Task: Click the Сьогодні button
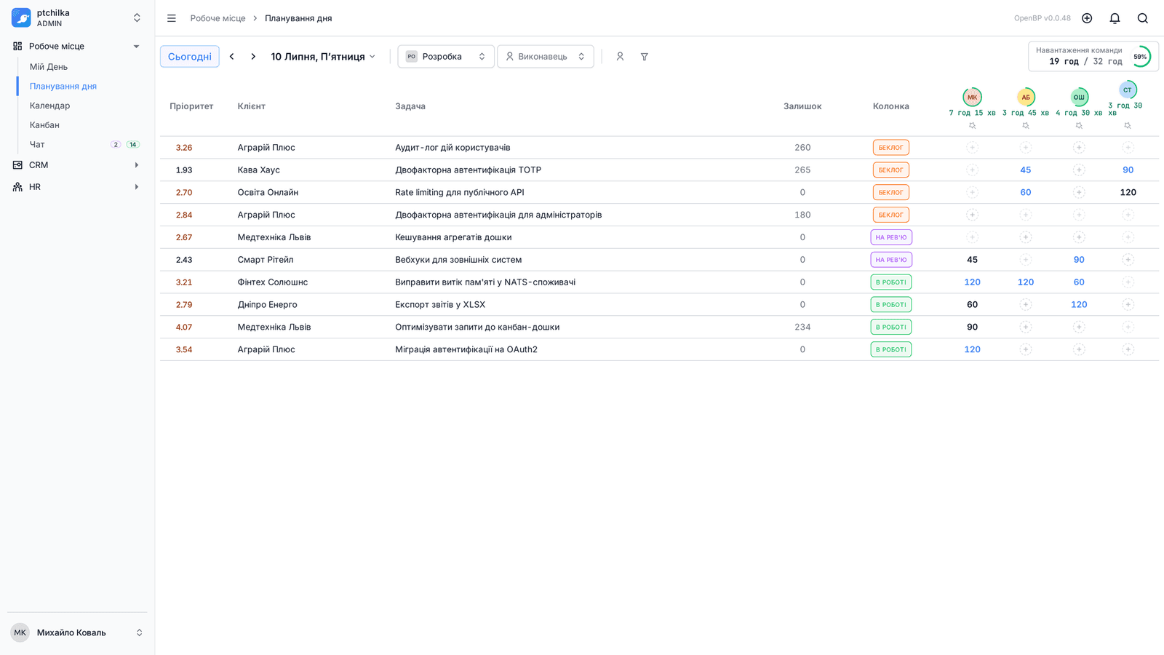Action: coord(189,57)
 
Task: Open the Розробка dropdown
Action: coord(445,57)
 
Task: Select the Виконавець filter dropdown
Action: coord(545,57)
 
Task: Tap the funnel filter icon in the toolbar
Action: coord(645,57)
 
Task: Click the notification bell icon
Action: coord(1115,18)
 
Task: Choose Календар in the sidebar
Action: coord(49,106)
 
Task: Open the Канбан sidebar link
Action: coord(44,124)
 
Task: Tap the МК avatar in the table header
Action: coord(972,98)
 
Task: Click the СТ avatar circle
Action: coord(1127,90)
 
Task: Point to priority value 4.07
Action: coord(184,327)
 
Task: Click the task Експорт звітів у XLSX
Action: coord(439,305)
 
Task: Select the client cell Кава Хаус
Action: coord(258,170)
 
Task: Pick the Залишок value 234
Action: coord(802,327)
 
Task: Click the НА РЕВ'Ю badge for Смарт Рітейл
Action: coord(890,260)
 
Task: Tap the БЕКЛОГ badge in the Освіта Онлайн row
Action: coord(890,192)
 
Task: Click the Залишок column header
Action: coord(802,106)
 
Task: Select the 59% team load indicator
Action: coord(1140,57)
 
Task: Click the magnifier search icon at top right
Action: coord(1143,18)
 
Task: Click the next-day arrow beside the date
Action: coord(253,57)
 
